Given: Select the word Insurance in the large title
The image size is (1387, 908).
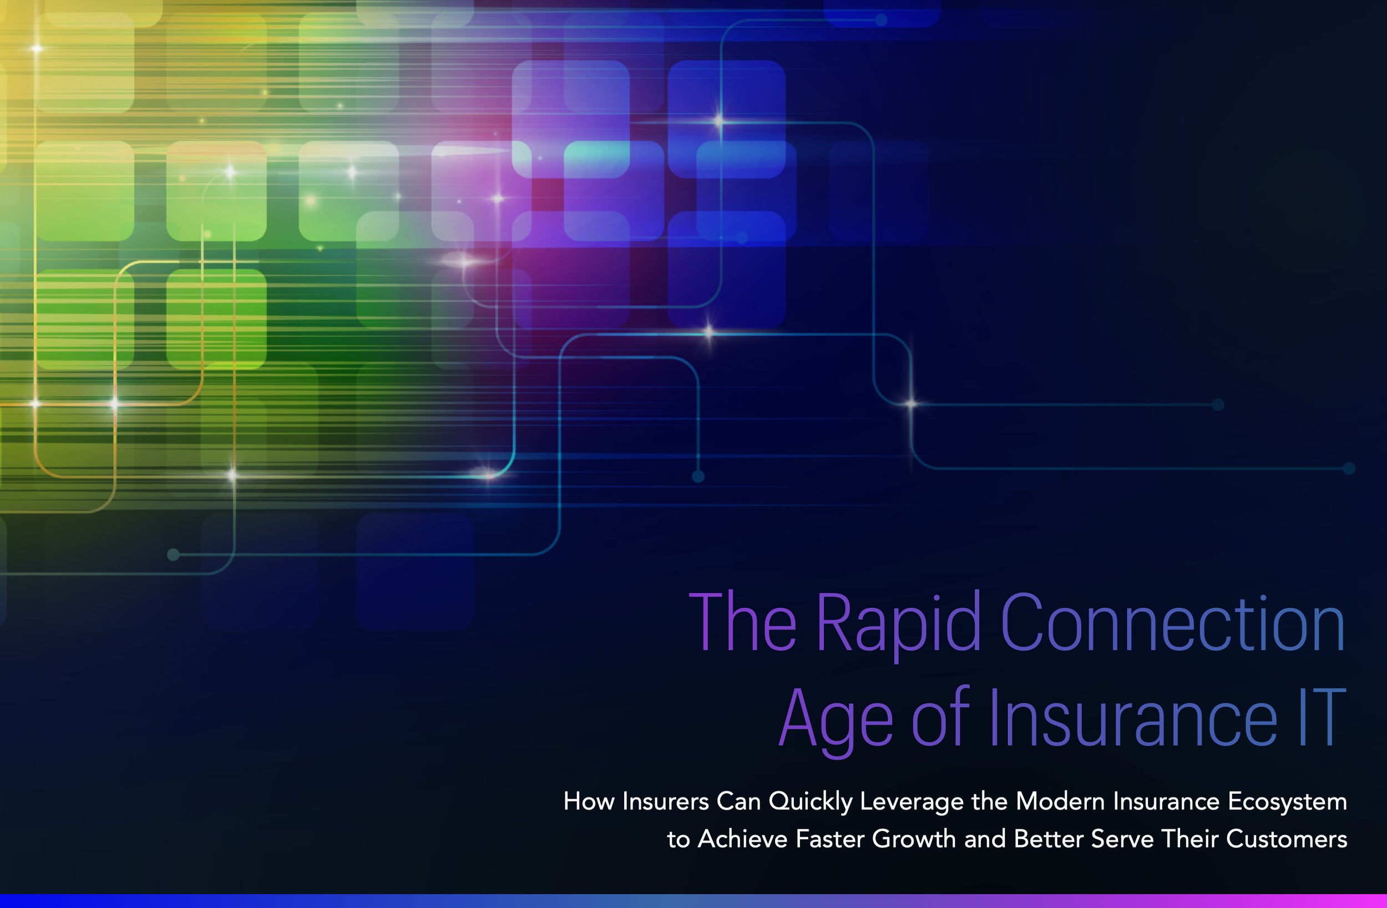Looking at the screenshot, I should [x=1133, y=719].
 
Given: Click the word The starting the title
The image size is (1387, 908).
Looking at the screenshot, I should [x=742, y=622].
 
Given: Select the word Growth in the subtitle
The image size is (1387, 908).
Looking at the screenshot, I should [x=913, y=839].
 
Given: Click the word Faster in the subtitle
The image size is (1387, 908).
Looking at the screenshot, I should [x=829, y=839].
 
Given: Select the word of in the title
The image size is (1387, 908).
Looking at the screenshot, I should [x=939, y=719].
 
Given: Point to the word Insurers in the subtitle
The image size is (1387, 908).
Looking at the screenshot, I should [x=665, y=802].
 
